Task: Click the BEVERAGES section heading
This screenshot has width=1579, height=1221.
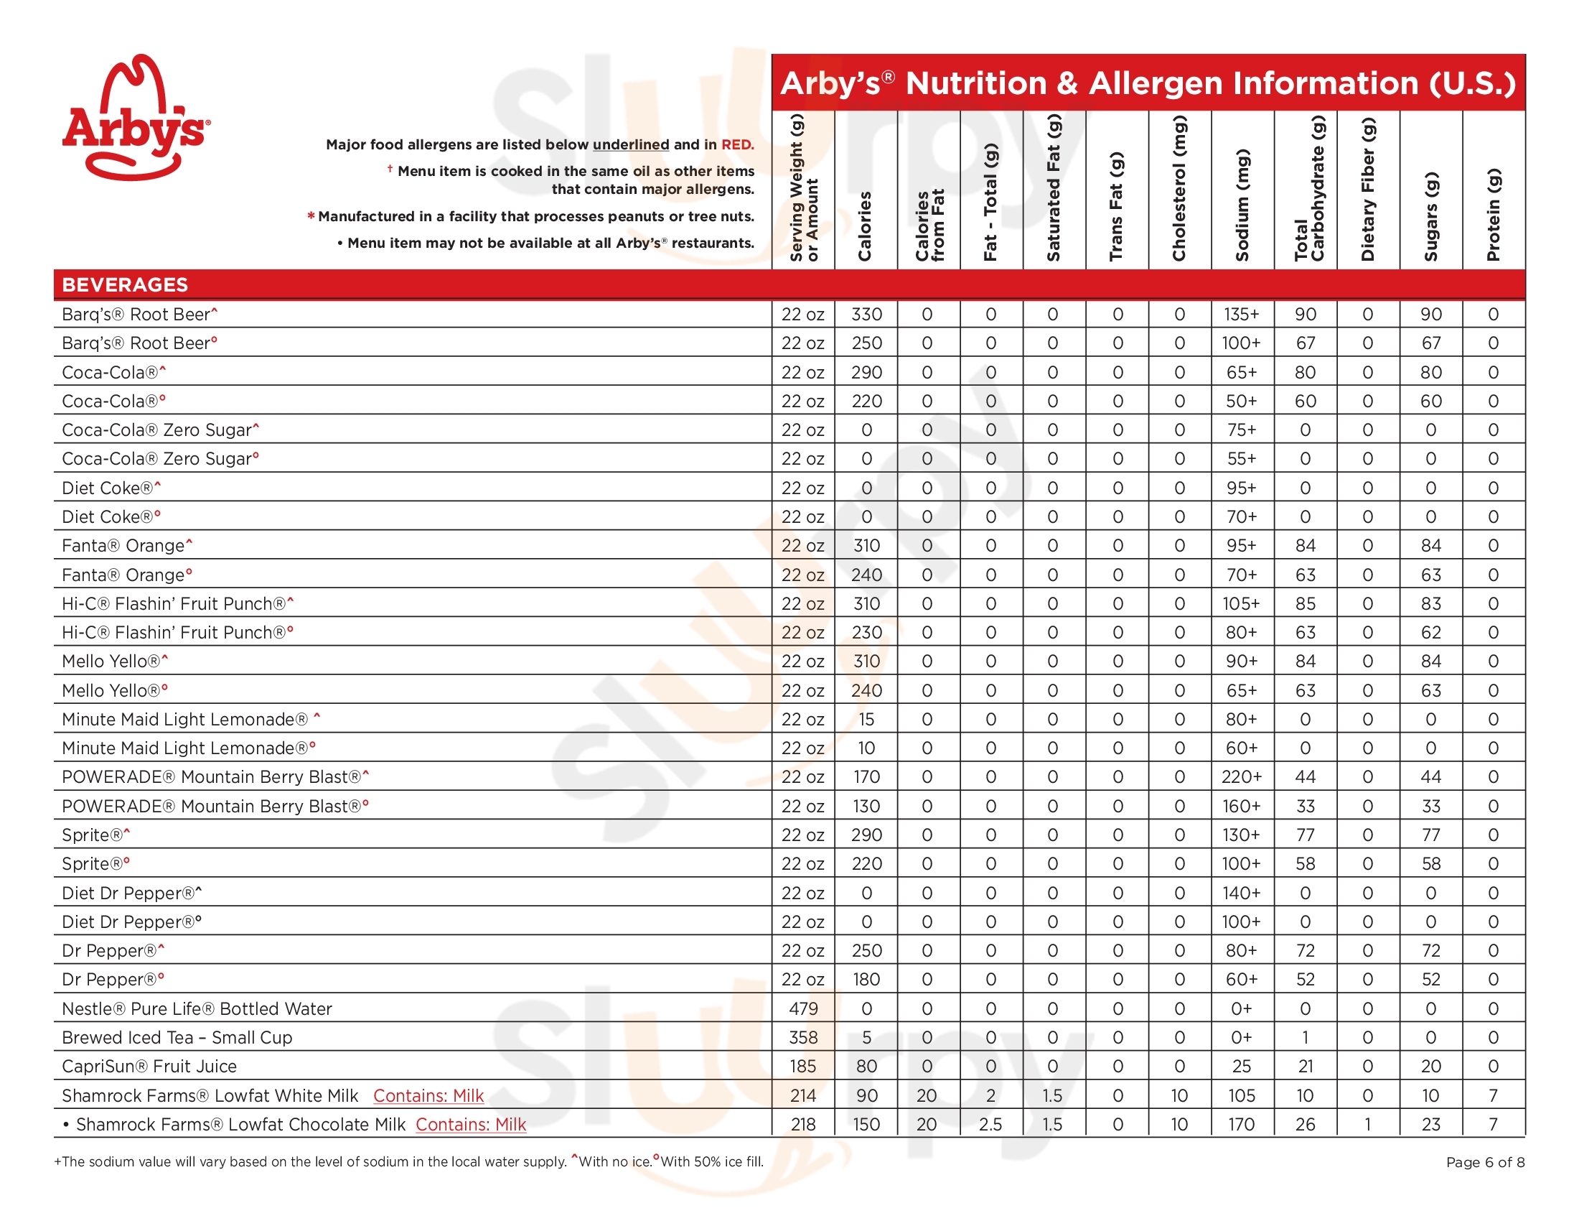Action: point(125,285)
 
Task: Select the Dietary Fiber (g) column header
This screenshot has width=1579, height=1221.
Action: point(1368,190)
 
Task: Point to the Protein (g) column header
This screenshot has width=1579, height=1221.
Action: point(1494,214)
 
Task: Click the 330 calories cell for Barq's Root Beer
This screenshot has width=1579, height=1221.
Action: point(866,315)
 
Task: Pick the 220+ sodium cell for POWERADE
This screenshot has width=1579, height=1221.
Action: point(1242,777)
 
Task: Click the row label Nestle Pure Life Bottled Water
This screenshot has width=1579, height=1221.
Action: point(197,1008)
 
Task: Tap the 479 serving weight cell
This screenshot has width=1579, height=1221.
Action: point(803,1008)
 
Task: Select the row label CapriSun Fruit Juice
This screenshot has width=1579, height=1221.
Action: point(149,1066)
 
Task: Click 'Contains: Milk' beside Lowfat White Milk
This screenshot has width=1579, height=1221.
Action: point(428,1096)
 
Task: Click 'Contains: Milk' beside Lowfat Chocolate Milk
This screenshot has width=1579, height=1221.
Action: point(471,1125)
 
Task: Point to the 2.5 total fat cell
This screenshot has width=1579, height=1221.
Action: point(990,1125)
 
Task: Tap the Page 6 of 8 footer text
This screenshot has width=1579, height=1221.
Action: point(1485,1162)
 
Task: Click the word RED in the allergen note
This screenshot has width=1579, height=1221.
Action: point(736,144)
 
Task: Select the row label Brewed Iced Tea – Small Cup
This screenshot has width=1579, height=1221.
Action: point(177,1037)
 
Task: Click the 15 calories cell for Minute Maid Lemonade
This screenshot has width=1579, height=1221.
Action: point(866,720)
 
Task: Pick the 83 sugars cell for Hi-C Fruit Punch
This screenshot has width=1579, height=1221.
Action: point(1430,604)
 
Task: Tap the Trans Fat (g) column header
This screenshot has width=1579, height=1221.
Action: point(1117,206)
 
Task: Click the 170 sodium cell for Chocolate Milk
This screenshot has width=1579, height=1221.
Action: point(1242,1125)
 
